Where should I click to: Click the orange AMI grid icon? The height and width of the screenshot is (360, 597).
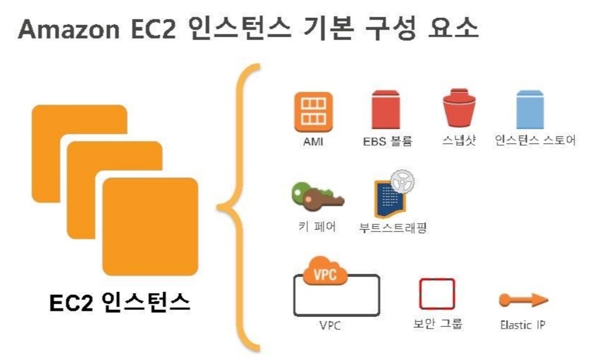click(311, 112)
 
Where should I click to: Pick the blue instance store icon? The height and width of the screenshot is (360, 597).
click(530, 111)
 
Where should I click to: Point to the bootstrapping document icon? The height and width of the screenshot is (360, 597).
click(391, 199)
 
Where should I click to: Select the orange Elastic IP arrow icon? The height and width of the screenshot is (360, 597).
click(523, 300)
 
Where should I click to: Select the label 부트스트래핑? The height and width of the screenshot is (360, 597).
click(393, 228)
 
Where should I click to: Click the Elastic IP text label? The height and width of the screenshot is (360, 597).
click(522, 325)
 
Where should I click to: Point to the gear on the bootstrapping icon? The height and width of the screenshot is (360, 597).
click(402, 180)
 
